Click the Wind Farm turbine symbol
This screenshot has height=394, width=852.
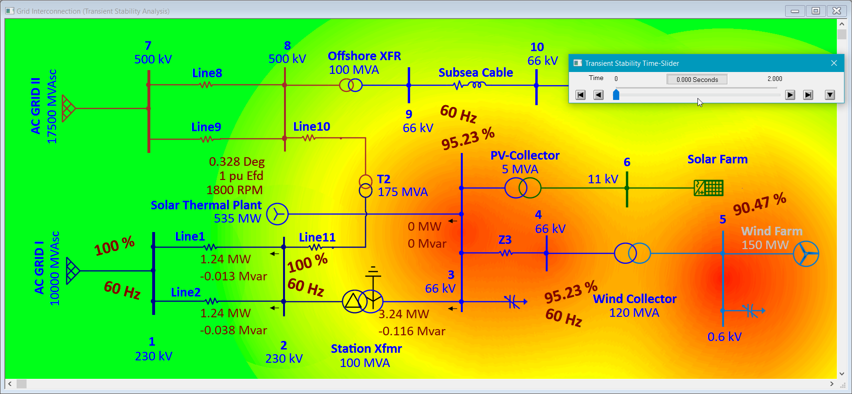click(806, 254)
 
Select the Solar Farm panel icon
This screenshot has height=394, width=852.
click(708, 188)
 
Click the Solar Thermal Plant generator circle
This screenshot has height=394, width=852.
click(277, 214)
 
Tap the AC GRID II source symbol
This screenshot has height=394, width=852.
click(68, 108)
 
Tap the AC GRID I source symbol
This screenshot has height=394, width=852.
click(72, 271)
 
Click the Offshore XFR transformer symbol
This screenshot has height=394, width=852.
click(351, 85)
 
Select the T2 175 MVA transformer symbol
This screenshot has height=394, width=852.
click(366, 186)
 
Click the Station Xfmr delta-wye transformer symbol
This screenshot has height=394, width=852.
click(362, 301)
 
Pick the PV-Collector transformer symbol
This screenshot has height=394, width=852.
click(522, 188)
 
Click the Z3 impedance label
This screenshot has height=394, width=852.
click(504, 240)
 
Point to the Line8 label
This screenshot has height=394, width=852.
click(207, 73)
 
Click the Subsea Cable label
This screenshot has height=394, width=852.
click(476, 72)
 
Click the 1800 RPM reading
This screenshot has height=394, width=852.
click(234, 190)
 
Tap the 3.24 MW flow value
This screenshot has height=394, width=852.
click(403, 314)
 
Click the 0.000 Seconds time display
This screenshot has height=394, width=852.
click(696, 80)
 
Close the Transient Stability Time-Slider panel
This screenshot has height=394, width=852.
click(834, 63)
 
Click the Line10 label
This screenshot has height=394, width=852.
click(311, 127)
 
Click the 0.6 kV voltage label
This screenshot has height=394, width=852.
click(724, 337)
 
